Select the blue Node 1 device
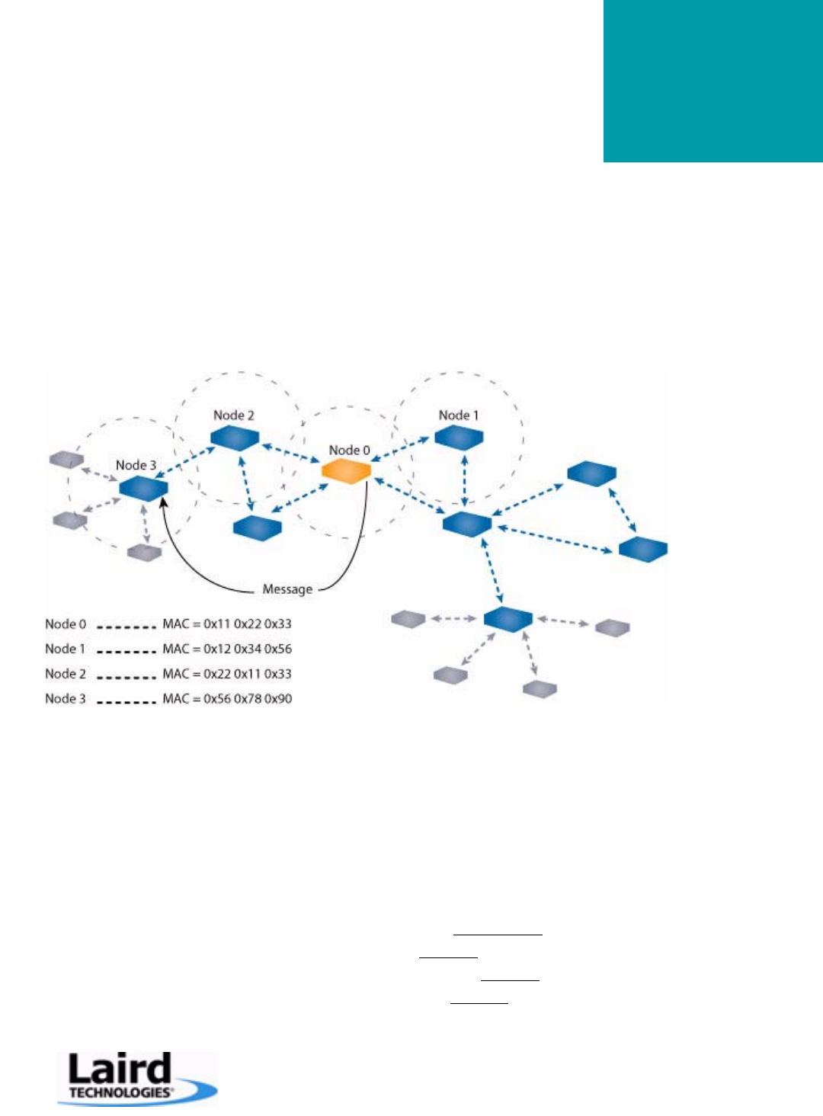coord(459,438)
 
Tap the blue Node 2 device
coord(235,438)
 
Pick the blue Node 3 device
coord(143,488)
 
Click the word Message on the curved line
coord(287,589)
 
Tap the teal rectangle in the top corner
coord(713,81)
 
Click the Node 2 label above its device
coord(233,415)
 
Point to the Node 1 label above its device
coord(458,415)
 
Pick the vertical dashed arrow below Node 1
coord(464,480)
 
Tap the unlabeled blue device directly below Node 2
coord(257,528)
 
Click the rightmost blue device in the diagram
coord(642,549)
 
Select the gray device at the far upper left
coord(66,459)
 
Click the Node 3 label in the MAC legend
coord(66,699)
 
